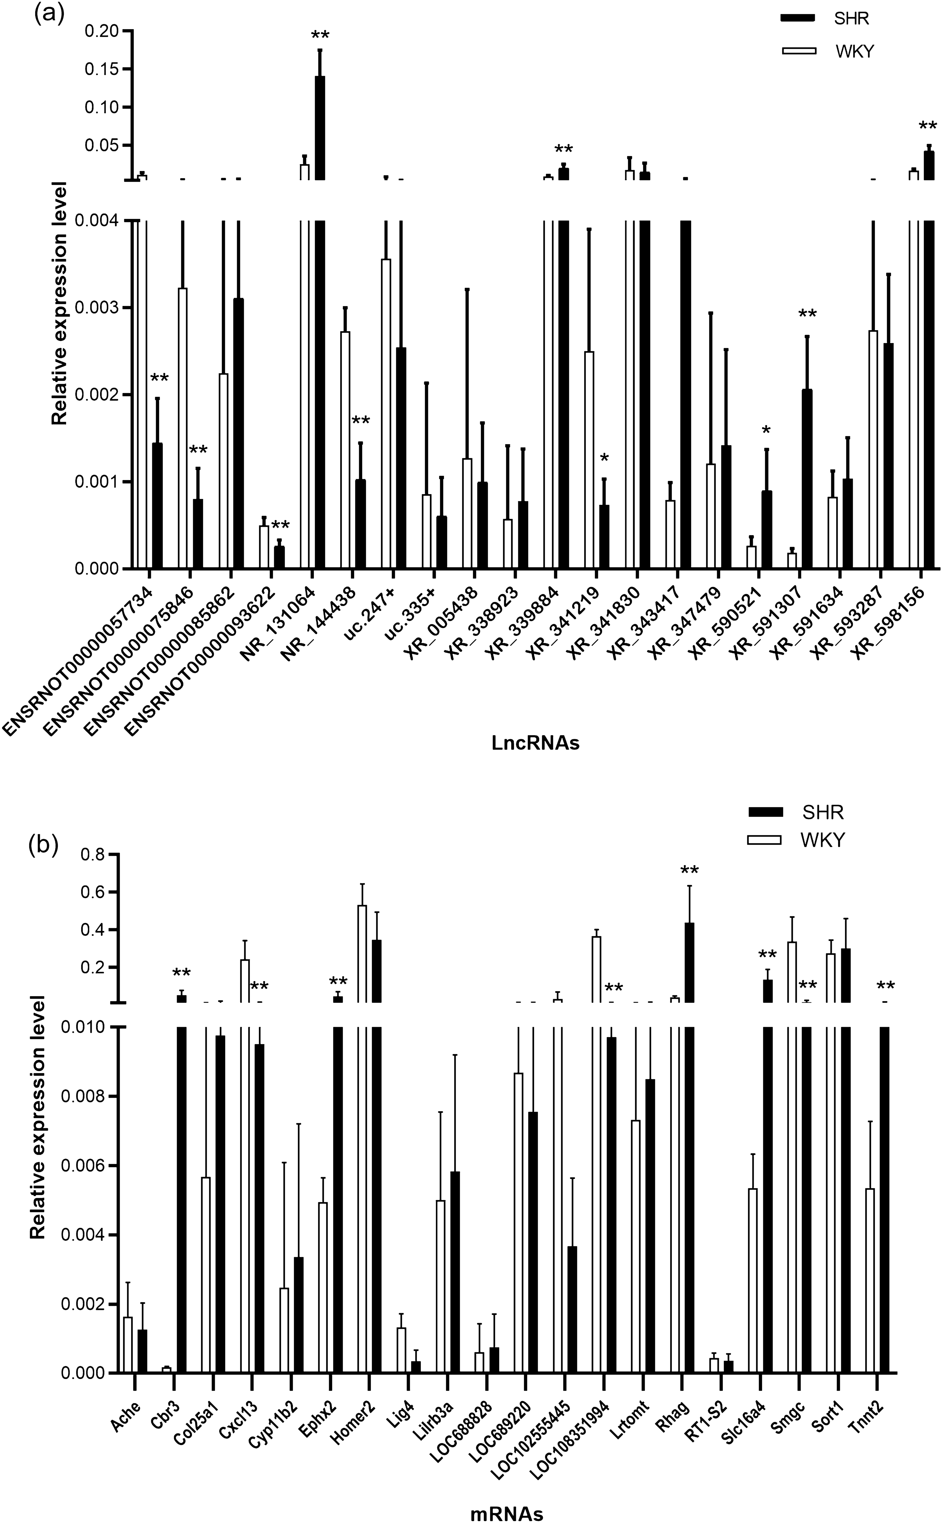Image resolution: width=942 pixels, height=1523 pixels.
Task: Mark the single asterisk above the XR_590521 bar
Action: [x=766, y=431]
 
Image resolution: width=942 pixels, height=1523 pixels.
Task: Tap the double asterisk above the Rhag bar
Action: [x=690, y=871]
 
